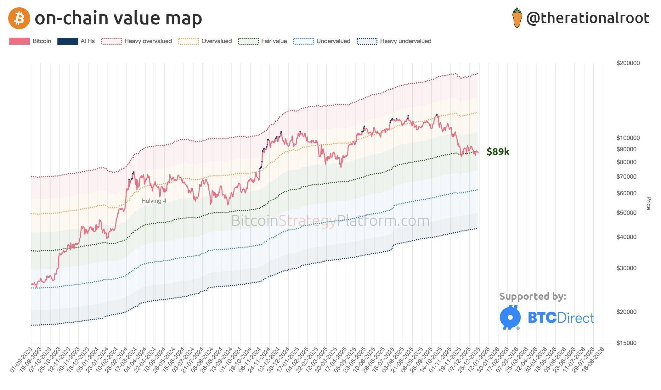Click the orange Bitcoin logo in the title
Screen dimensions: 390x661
(x=19, y=18)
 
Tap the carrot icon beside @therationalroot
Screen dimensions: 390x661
(x=517, y=18)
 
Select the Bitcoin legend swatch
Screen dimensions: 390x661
(x=19, y=41)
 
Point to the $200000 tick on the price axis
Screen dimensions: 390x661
(x=628, y=63)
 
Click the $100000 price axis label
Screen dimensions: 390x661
(x=628, y=138)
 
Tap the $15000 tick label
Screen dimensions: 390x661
(x=626, y=343)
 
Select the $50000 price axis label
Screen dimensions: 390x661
(x=626, y=213)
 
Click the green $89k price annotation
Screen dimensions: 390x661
(x=498, y=152)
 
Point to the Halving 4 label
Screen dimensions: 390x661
(x=154, y=201)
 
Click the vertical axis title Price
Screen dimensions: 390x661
(x=648, y=203)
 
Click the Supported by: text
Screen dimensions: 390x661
(x=533, y=296)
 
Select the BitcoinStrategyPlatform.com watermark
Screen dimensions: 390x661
(x=330, y=221)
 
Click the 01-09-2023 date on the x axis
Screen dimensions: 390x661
(x=21, y=360)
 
